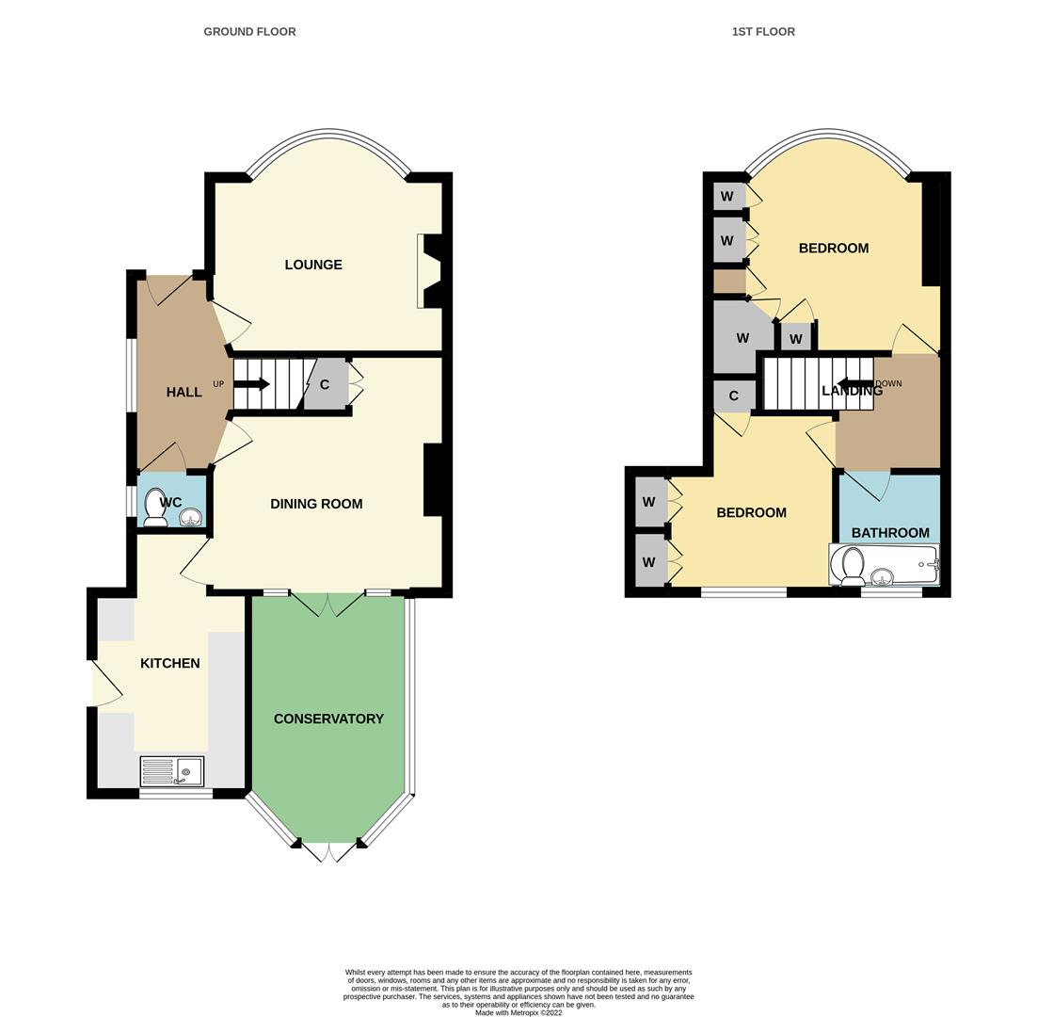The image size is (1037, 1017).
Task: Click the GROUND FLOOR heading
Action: click(x=249, y=31)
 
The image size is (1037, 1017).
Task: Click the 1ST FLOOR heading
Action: click(x=763, y=31)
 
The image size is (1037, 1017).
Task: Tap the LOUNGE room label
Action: click(x=313, y=265)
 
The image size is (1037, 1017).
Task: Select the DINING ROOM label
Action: click(x=316, y=504)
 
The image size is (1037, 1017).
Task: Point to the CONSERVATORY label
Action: click(x=328, y=718)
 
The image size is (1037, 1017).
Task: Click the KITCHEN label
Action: click(x=170, y=663)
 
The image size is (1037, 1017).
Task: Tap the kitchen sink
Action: click(x=172, y=771)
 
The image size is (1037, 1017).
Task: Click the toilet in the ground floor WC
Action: click(x=155, y=507)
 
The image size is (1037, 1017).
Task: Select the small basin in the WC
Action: click(x=190, y=517)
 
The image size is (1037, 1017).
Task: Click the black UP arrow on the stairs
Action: click(x=251, y=384)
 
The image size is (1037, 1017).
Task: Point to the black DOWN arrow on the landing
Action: click(x=854, y=384)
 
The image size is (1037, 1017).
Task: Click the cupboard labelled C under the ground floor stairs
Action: click(x=325, y=384)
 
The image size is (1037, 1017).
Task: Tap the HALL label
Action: click(x=183, y=392)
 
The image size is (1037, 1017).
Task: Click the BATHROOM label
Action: click(x=890, y=532)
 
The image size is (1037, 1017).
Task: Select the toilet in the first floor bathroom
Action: click(x=853, y=567)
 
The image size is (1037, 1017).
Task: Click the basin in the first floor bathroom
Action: click(x=882, y=575)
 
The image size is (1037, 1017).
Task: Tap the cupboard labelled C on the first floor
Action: click(x=733, y=395)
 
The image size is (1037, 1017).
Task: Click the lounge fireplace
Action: click(x=431, y=271)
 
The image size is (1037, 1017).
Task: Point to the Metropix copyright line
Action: click(x=518, y=1013)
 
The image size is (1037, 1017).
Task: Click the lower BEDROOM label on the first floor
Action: click(x=751, y=512)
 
